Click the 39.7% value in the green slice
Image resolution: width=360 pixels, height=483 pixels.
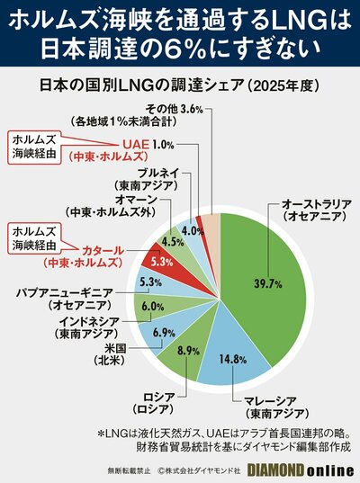click(267, 283)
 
